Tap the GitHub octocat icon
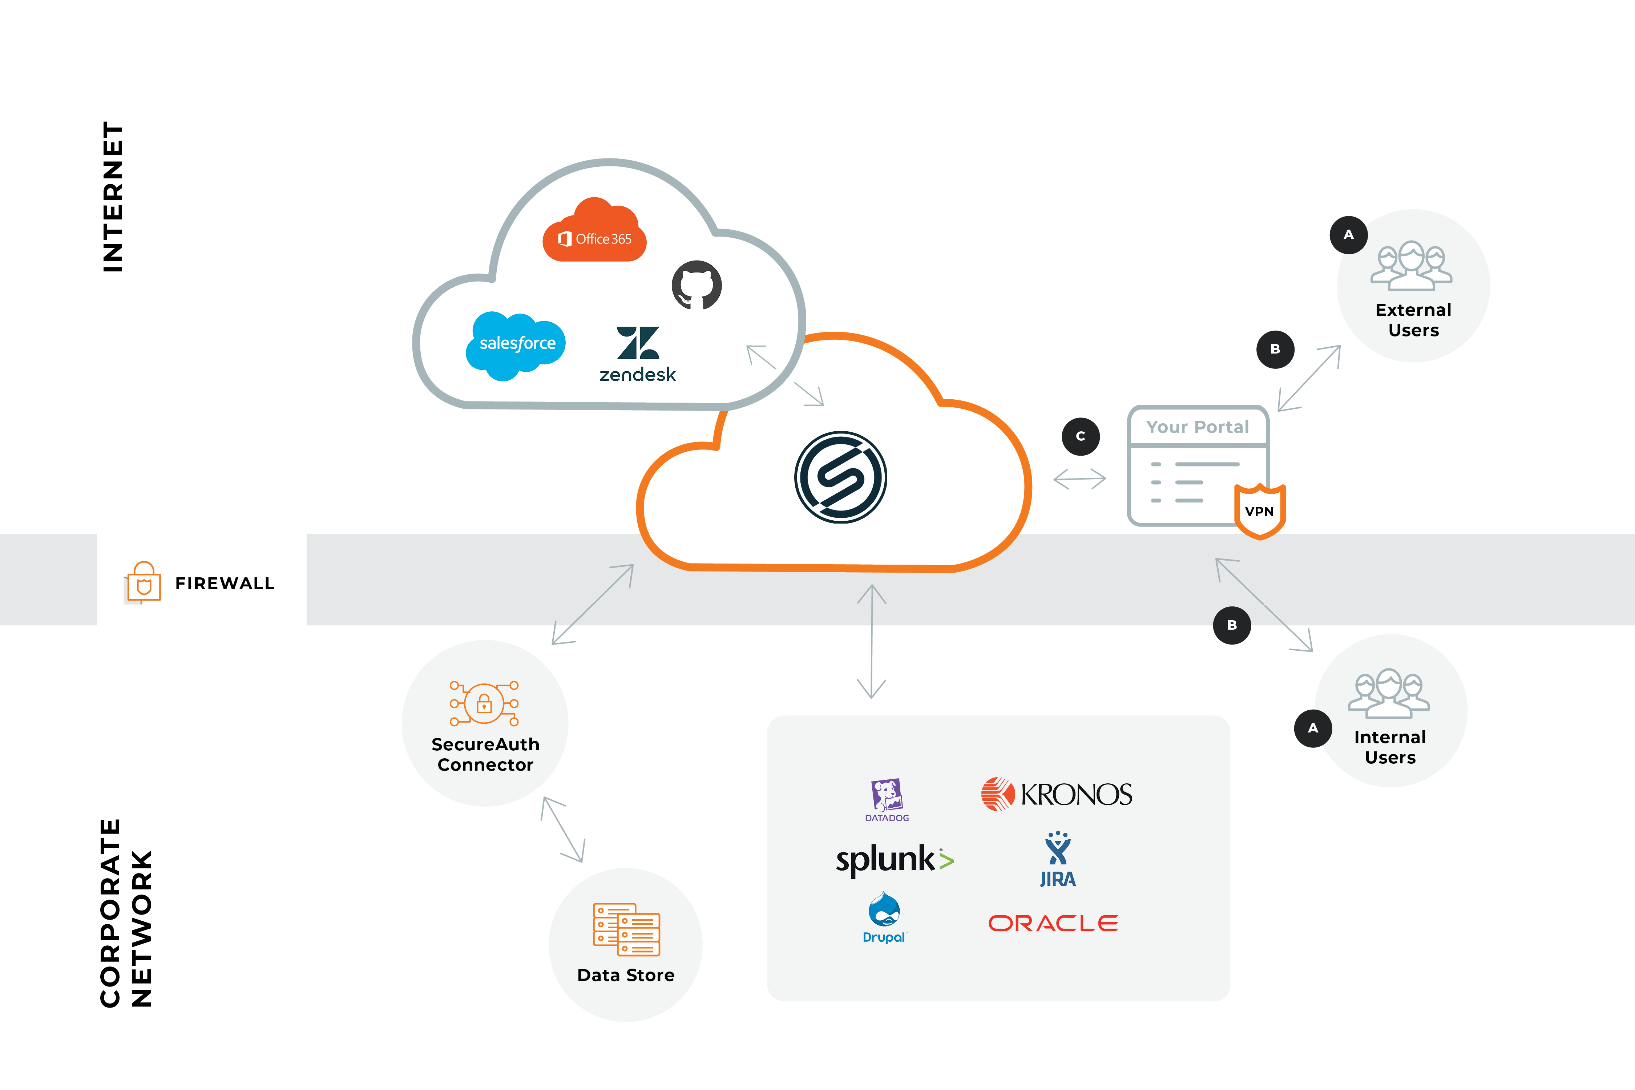point(697,285)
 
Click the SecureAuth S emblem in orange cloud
point(840,477)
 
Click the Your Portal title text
point(1197,427)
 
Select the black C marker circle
point(1080,437)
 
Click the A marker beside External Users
point(1349,235)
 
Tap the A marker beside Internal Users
point(1312,728)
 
